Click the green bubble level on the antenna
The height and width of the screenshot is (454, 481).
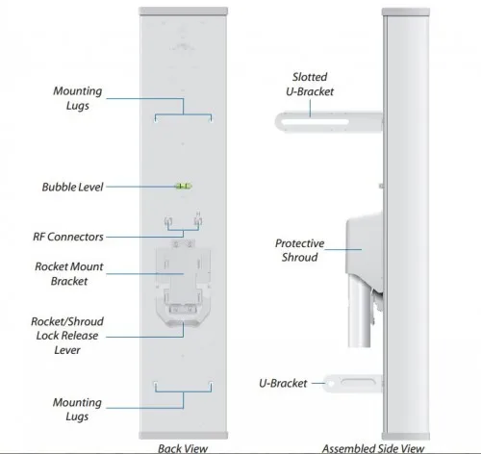(x=183, y=186)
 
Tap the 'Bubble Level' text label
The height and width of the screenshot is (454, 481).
(x=72, y=187)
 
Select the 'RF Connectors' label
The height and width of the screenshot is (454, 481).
(x=68, y=237)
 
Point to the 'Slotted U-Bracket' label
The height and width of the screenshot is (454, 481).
(x=310, y=84)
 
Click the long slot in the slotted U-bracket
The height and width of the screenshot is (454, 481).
(x=315, y=122)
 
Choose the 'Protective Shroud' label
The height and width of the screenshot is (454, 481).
(x=299, y=250)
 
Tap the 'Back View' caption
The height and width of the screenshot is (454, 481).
(x=183, y=448)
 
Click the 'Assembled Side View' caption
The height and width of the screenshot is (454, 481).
(x=373, y=448)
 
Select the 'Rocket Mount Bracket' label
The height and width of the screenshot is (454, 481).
(x=69, y=273)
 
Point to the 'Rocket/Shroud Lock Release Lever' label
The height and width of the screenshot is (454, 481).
(x=67, y=336)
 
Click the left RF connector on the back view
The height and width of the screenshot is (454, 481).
(x=168, y=221)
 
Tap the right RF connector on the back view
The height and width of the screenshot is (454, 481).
(x=198, y=220)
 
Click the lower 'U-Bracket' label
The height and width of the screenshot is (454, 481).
(x=283, y=383)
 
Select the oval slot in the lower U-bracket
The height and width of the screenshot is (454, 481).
(x=358, y=382)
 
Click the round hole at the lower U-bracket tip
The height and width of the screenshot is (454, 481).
(x=331, y=383)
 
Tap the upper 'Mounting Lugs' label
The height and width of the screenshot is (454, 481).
(x=78, y=98)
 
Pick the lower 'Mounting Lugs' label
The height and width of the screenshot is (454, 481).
(x=77, y=409)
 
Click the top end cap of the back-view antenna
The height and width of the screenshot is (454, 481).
(x=183, y=12)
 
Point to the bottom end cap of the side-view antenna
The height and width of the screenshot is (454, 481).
(x=406, y=436)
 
